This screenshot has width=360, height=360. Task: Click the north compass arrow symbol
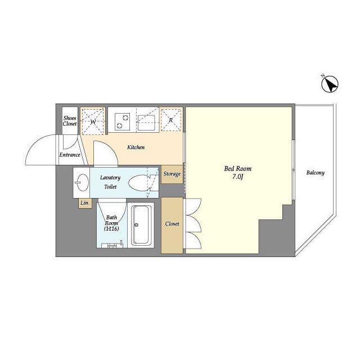(330, 84)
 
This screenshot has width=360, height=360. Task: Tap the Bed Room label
(237, 169)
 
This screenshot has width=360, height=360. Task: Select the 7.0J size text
(237, 177)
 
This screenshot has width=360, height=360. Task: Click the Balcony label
(315, 173)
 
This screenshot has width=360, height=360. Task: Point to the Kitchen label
(136, 147)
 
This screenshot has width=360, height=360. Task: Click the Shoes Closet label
(70, 121)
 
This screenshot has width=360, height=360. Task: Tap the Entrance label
(70, 155)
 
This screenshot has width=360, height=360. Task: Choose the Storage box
(172, 174)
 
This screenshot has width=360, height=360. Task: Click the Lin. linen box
(85, 203)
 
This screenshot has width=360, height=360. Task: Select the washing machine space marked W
(93, 121)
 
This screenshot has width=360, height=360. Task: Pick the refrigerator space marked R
(171, 120)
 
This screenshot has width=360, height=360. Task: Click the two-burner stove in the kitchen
(123, 121)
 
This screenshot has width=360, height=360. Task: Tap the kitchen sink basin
(146, 122)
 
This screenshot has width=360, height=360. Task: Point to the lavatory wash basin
(82, 182)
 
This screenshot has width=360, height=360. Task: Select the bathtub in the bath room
(141, 225)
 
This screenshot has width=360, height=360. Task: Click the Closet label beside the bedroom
(172, 224)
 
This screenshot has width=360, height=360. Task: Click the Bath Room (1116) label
(111, 223)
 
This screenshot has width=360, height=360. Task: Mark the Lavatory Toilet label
(110, 182)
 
